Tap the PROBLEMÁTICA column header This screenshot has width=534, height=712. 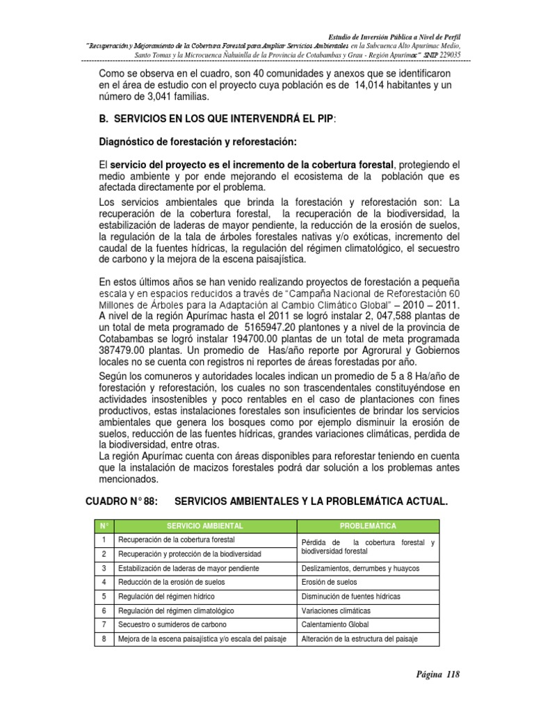[x=368, y=526]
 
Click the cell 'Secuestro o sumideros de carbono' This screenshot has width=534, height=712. [x=168, y=624]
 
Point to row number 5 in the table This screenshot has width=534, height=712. [x=103, y=597]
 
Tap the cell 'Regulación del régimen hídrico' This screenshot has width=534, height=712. [x=166, y=597]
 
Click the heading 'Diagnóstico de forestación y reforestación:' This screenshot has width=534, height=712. [x=198, y=143]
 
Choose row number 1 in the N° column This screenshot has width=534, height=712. [x=103, y=540]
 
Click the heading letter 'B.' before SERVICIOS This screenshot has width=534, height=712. [x=106, y=119]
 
